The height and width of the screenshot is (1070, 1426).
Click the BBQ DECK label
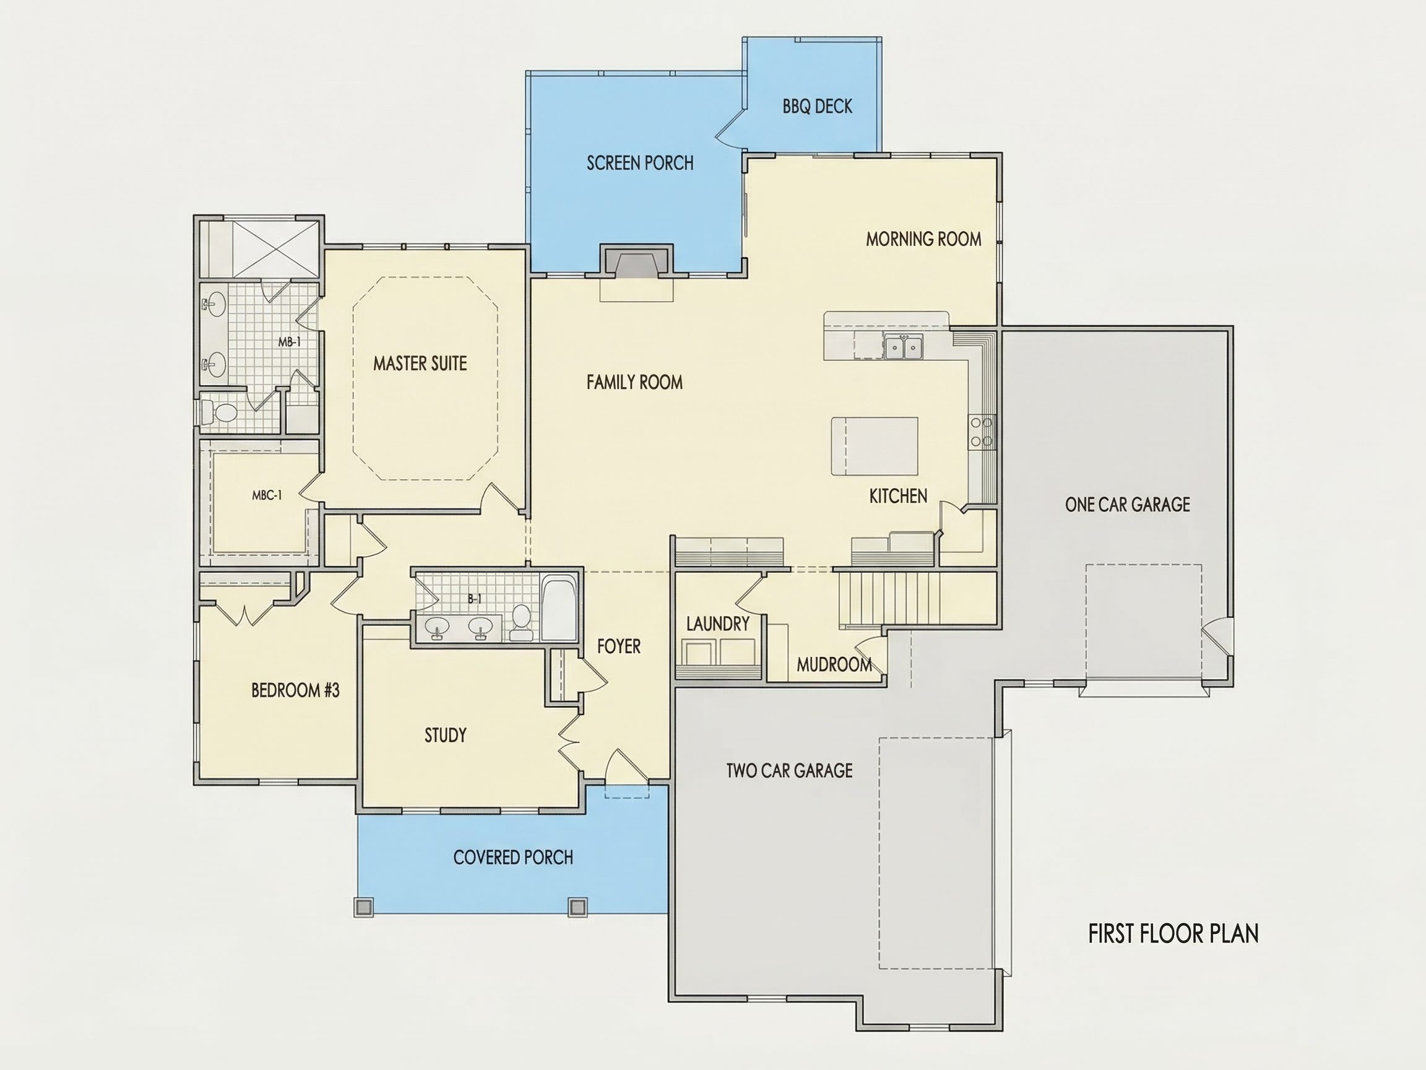(818, 107)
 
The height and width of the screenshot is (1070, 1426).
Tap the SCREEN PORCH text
(640, 163)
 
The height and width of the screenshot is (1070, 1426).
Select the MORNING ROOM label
(923, 239)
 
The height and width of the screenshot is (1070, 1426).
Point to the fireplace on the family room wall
(637, 262)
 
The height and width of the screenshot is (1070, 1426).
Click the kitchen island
(874, 446)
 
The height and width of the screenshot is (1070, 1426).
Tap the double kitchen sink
(903, 347)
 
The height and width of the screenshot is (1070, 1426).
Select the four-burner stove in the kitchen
(982, 432)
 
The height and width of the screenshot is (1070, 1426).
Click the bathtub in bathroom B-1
(559, 607)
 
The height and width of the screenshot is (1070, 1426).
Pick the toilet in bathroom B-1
(521, 622)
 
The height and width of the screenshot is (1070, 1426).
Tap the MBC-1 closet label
(267, 495)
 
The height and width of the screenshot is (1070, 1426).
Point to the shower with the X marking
(275, 249)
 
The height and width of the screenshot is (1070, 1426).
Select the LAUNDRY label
(717, 624)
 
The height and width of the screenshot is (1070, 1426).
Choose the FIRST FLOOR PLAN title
(1173, 934)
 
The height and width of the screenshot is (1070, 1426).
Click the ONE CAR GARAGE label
(1128, 505)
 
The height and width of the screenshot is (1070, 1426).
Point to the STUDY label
(446, 735)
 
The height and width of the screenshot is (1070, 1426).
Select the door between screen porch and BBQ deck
(730, 126)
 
